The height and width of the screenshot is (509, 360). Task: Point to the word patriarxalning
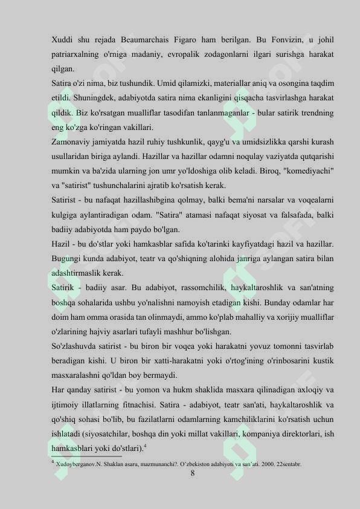(75, 54)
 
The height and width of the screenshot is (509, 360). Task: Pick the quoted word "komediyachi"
(307, 171)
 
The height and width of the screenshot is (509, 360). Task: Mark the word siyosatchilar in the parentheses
(104, 433)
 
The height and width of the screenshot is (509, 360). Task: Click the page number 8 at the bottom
(193, 473)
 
